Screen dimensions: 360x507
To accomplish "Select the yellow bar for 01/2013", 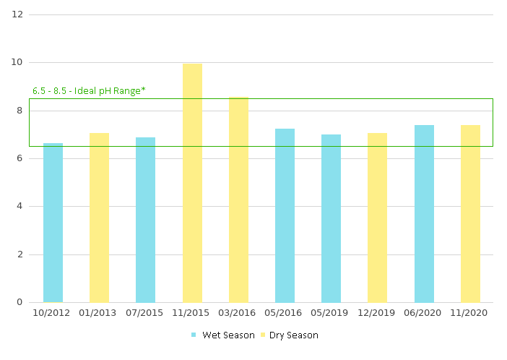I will [99, 218].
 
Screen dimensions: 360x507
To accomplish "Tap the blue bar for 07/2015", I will [145, 220].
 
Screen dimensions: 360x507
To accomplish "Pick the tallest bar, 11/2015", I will [192, 183].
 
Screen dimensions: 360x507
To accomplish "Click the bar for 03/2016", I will [238, 200].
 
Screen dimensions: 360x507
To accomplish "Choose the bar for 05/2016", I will [285, 215].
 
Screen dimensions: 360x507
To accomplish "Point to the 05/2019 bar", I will [331, 218].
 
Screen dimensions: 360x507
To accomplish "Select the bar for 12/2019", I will [377, 218].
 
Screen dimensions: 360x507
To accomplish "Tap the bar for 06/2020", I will [424, 213].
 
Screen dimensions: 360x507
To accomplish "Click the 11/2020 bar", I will [470, 213].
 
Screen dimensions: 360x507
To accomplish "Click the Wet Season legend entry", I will [223, 335].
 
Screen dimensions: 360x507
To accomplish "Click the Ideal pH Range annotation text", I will [89, 91].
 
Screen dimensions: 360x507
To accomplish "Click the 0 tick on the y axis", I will [20, 302].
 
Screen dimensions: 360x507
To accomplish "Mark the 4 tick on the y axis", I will [20, 206].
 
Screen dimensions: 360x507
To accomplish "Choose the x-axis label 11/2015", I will [192, 313].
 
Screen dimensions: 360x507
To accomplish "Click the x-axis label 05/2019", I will [331, 313].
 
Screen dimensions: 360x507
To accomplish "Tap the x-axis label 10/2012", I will [53, 313].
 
